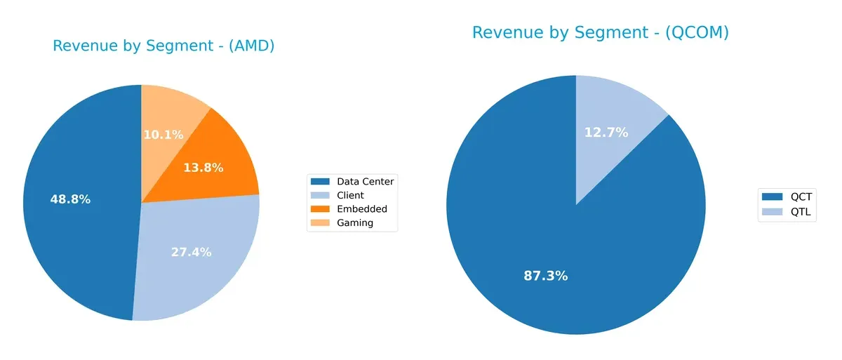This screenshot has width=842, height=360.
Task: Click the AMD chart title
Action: [x=163, y=46]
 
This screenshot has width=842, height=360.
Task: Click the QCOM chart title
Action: [x=600, y=32]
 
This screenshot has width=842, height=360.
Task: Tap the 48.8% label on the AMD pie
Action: [x=70, y=199]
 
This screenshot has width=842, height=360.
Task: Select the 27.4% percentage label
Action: [x=191, y=252]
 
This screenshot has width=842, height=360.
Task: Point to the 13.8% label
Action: [x=203, y=168]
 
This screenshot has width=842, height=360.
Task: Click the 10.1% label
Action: [x=163, y=134]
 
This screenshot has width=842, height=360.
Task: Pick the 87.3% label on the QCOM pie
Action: [x=545, y=276]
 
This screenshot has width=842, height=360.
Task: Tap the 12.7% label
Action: [x=606, y=132]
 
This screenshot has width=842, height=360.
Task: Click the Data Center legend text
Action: [x=365, y=182]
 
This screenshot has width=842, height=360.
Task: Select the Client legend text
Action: [x=350, y=195]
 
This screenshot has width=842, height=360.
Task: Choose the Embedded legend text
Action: [x=361, y=209]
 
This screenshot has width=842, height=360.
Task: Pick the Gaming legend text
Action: [x=354, y=223]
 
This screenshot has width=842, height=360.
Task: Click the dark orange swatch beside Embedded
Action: [x=321, y=209]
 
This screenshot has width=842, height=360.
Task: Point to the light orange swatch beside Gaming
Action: [x=321, y=223]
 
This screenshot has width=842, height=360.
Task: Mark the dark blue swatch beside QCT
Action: [x=772, y=197]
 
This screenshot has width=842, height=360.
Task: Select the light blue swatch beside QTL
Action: [x=772, y=211]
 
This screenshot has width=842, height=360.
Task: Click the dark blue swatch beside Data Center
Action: [x=321, y=182]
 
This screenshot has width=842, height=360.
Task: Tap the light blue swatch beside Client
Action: [x=321, y=195]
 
